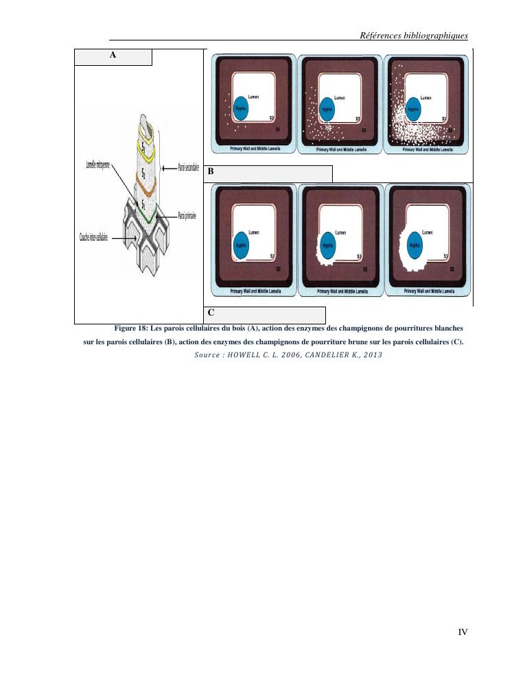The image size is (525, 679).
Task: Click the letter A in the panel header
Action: tap(113, 56)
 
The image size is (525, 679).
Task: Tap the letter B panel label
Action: tap(211, 174)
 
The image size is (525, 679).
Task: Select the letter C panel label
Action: tap(211, 313)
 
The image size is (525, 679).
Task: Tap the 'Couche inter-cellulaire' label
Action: tap(93, 237)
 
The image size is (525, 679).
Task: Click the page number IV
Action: tap(463, 632)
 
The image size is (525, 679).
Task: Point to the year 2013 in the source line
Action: tap(371, 355)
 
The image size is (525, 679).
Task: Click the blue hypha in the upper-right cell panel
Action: tap(412, 110)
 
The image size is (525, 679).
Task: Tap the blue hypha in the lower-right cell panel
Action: tap(413, 244)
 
